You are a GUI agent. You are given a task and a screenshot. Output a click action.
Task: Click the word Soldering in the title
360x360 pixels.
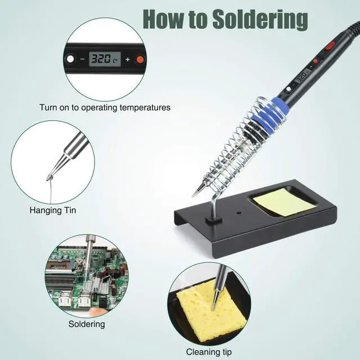coord(259,19)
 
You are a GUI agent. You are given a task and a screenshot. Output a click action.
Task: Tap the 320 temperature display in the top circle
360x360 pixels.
coord(103,58)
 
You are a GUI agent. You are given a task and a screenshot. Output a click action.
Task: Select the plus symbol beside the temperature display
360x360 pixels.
coord(127,59)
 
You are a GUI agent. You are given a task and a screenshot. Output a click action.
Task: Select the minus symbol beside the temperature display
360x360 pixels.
coord(83,59)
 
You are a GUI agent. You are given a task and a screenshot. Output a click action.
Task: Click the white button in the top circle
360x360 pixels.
coord(70,58)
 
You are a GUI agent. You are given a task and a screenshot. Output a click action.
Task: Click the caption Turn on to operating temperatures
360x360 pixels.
coord(105,107)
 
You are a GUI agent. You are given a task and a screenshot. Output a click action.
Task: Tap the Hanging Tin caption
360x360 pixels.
coord(53,211)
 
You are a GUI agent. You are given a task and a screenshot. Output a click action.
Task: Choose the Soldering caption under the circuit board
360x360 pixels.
coord(87,324)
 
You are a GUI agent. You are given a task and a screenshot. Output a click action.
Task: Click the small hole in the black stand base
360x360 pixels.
coord(238,214)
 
